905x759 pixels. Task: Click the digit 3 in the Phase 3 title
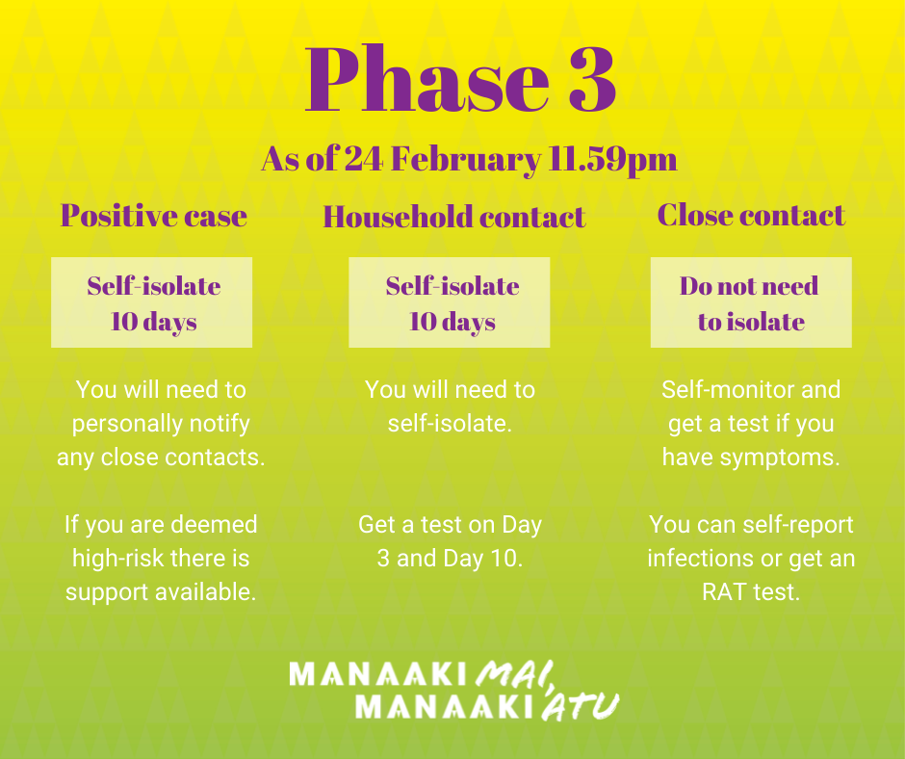pyautogui.click(x=592, y=79)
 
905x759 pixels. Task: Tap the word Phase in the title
pyautogui.click(x=427, y=79)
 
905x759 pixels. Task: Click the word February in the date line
pyautogui.click(x=466, y=160)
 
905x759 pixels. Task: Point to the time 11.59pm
pyautogui.click(x=612, y=160)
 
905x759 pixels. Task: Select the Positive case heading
pyautogui.click(x=154, y=216)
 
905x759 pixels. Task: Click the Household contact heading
pyautogui.click(x=454, y=217)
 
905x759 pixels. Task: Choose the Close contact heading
pyautogui.click(x=751, y=216)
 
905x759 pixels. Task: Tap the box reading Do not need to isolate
pyautogui.click(x=751, y=302)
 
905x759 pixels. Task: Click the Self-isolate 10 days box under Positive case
pyautogui.click(x=152, y=302)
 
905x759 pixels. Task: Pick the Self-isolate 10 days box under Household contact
pyautogui.click(x=449, y=302)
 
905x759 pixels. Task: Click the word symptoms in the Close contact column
pyautogui.click(x=779, y=458)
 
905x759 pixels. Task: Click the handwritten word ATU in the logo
pyautogui.click(x=580, y=706)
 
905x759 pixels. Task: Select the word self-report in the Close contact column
pyautogui.click(x=797, y=525)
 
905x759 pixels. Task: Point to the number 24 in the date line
pyautogui.click(x=364, y=159)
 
